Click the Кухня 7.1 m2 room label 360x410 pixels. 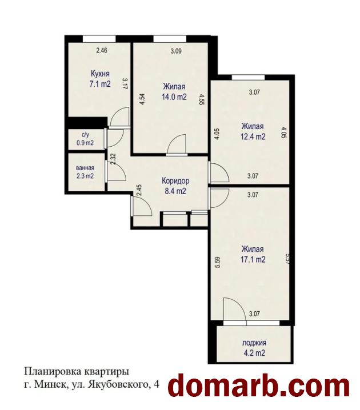click(100, 79)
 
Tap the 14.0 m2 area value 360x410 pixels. click(174, 97)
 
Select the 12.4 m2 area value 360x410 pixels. click(253, 136)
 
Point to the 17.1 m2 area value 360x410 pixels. click(253, 259)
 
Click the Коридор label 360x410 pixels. click(175, 181)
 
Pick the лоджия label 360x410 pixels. click(254, 343)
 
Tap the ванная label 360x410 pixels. click(85, 168)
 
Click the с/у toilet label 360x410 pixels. click(85, 135)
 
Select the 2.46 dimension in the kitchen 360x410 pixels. click(102, 50)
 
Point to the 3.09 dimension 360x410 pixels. click(176, 51)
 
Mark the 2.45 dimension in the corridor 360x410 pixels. click(139, 190)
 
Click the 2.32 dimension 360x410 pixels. click(113, 159)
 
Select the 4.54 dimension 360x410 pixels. click(143, 99)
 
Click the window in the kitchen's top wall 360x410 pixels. click(99, 39)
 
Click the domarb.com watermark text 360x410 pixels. click(258, 386)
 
